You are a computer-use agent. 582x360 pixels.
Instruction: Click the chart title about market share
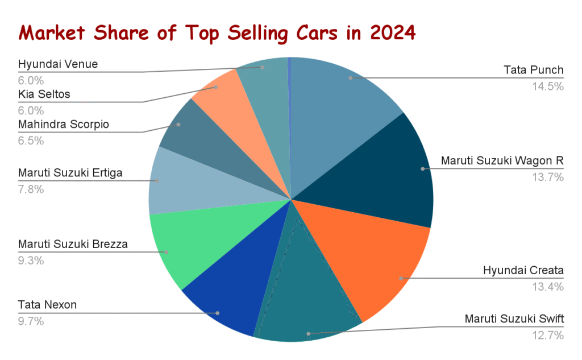click(x=217, y=32)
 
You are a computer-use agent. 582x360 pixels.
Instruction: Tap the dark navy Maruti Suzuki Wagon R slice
click(x=386, y=176)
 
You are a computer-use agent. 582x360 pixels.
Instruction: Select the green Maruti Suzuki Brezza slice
click(x=182, y=245)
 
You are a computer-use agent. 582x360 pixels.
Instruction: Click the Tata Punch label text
click(x=533, y=71)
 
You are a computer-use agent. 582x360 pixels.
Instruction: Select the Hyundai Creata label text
click(x=523, y=270)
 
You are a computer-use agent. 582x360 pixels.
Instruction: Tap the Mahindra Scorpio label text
click(x=63, y=124)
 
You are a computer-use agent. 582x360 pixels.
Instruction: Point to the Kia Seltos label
click(x=44, y=94)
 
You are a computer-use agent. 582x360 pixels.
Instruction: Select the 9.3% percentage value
click(x=31, y=260)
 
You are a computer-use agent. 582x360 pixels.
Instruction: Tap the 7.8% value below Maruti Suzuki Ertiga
click(x=31, y=189)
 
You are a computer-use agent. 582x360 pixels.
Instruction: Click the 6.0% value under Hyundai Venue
click(x=31, y=80)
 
